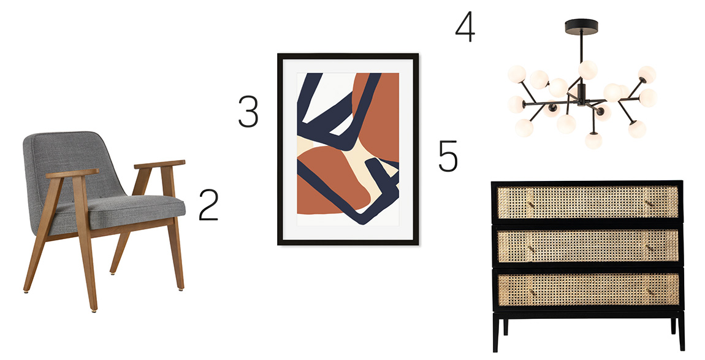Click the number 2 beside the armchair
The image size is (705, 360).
[208, 205]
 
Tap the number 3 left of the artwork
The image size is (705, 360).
[248, 111]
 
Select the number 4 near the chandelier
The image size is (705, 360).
[465, 26]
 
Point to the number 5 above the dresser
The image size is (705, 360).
[448, 156]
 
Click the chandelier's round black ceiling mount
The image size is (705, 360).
[581, 25]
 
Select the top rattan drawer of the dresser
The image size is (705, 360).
[587, 202]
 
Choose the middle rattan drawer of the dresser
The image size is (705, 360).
[587, 246]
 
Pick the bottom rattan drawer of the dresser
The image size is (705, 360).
[587, 289]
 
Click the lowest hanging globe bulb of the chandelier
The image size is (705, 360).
[593, 140]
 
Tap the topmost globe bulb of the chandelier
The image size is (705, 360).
[588, 70]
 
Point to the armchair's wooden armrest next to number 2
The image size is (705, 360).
[159, 164]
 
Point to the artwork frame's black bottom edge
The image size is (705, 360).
[348, 242]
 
